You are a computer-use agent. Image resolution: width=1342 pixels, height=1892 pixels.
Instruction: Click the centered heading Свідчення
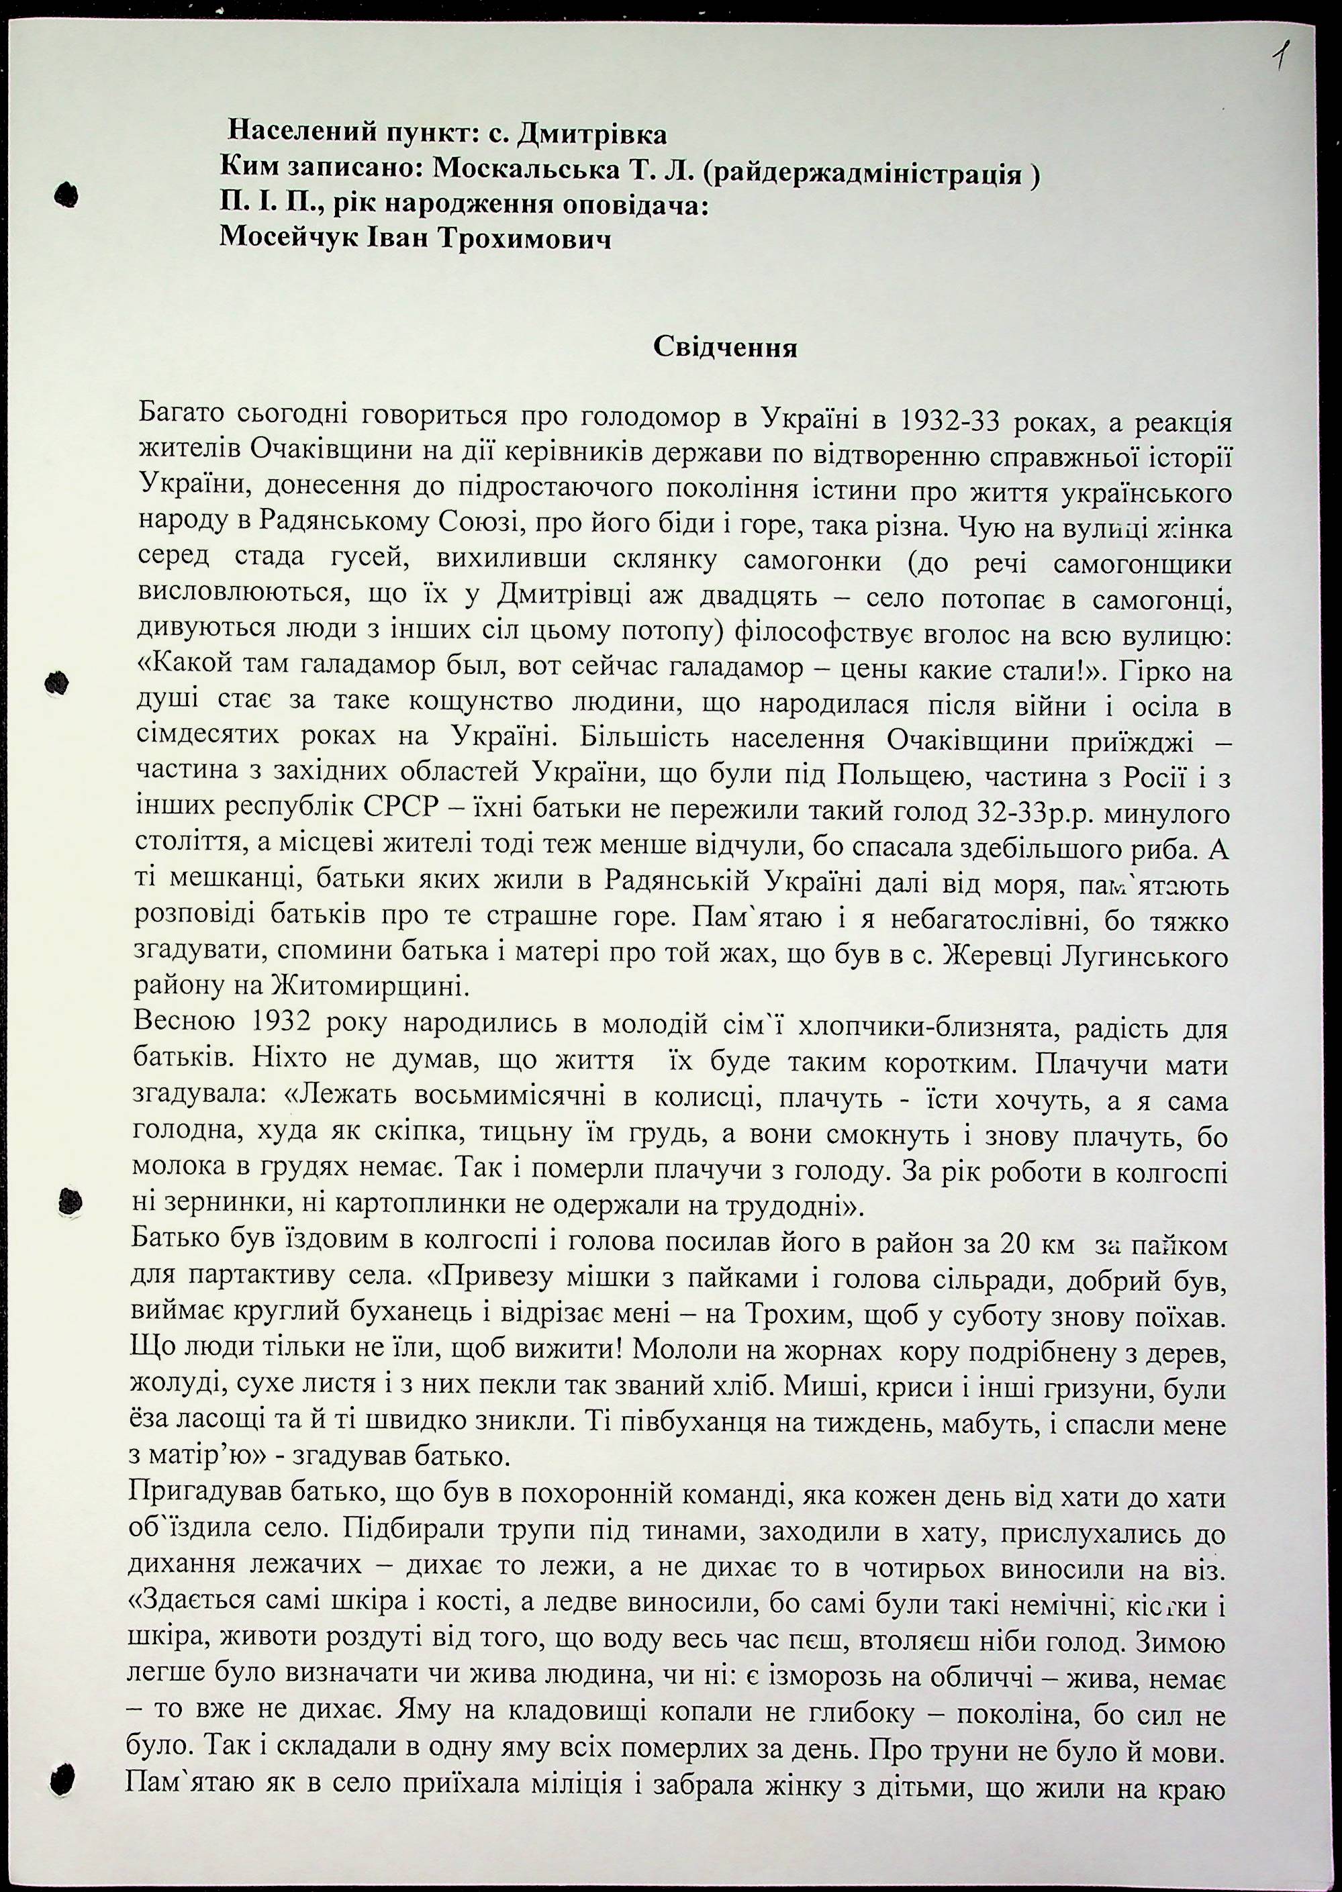pyautogui.click(x=725, y=347)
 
